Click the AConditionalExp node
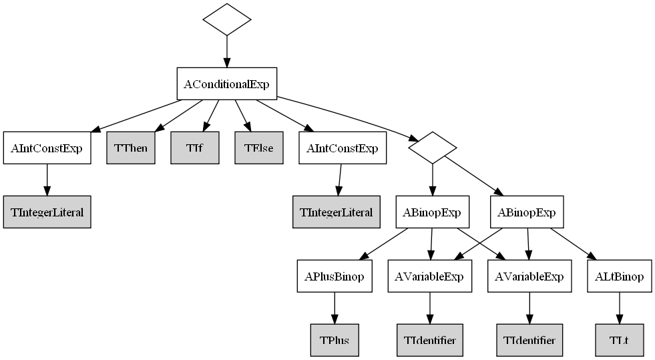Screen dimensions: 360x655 point(226,84)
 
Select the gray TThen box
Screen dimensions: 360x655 point(131,148)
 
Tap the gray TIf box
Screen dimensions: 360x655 point(195,148)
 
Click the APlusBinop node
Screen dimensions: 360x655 point(334,277)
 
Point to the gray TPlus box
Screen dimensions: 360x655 point(334,340)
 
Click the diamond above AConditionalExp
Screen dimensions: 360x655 point(226,19)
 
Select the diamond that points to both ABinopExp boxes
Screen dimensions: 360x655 point(432,148)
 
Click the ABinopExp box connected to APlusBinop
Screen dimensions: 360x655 point(432,212)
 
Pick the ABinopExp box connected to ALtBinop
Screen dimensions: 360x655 point(527,212)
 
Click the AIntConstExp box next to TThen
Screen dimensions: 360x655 point(46,148)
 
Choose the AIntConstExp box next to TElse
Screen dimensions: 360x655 point(342,148)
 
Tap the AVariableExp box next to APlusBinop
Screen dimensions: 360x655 point(430,277)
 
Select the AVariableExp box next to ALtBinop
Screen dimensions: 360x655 point(529,277)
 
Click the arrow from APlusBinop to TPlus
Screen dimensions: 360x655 point(334,309)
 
